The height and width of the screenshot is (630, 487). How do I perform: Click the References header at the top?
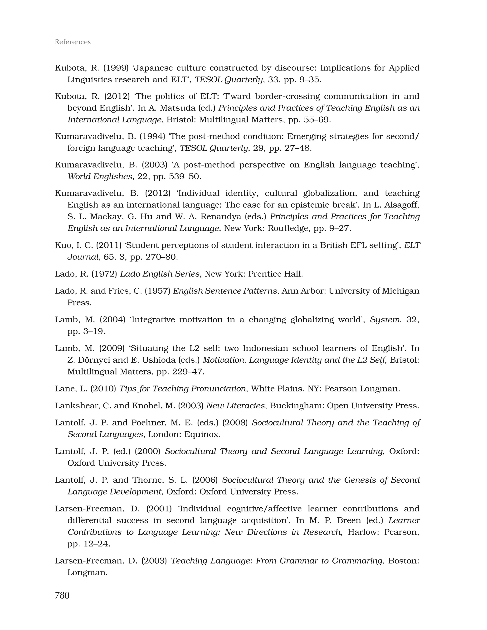point(73,42)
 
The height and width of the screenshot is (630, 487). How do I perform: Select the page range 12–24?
point(95,544)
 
